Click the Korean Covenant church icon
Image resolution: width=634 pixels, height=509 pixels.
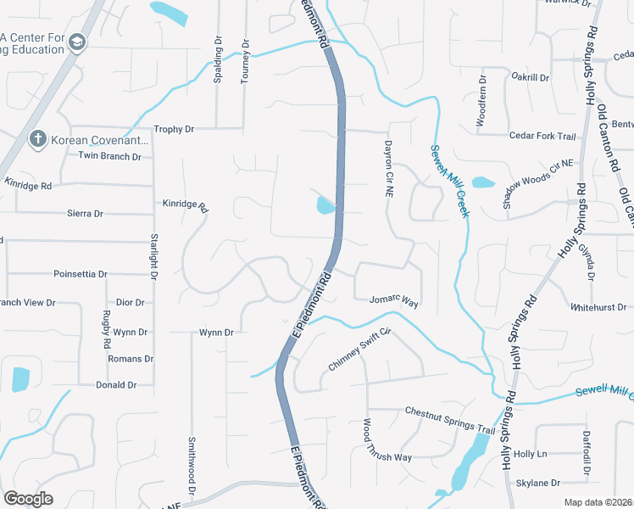pyautogui.click(x=37, y=138)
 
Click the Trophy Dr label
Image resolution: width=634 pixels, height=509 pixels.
pyautogui.click(x=174, y=129)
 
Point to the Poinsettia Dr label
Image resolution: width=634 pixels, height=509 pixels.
pyautogui.click(x=80, y=275)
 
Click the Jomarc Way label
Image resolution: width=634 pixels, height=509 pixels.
pyautogui.click(x=394, y=300)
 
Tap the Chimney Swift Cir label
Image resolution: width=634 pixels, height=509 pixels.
pyautogui.click(x=359, y=350)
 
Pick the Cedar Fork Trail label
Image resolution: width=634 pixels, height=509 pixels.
pyautogui.click(x=542, y=136)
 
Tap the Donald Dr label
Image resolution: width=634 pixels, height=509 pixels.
pyautogui.click(x=116, y=384)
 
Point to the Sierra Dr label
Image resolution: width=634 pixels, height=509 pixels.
pyautogui.click(x=84, y=214)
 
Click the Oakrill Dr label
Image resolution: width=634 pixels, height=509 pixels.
pyautogui.click(x=531, y=77)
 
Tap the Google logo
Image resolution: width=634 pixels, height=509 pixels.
pyautogui.click(x=28, y=498)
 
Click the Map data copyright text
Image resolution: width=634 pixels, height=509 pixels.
pyautogui.click(x=598, y=502)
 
